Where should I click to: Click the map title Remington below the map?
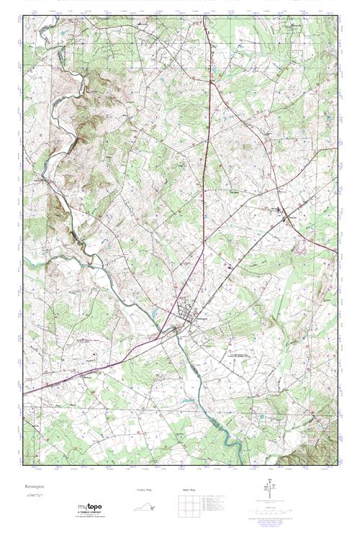coord(34,487)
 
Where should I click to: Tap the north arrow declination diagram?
coord(271,492)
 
